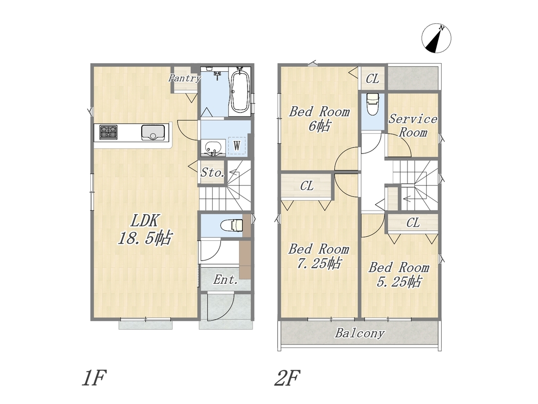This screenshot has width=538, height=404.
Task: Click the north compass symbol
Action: pos(437,38)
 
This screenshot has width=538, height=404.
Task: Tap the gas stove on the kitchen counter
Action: pos(108,132)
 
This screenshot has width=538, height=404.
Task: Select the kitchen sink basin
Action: pos(153,132)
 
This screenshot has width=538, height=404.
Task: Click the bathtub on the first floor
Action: pos(240,90)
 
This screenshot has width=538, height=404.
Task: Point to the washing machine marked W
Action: pos(237,145)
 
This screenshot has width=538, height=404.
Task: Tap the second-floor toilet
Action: pos(373,105)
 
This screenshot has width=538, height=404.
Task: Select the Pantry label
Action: pos(185,78)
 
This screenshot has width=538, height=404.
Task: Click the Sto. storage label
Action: pos(213,172)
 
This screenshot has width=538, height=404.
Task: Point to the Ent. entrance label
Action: pos(225,280)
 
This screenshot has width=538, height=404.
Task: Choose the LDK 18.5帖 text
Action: pos(144,229)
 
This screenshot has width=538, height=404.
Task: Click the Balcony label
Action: pos(360,333)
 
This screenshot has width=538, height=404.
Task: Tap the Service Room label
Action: pos(413,126)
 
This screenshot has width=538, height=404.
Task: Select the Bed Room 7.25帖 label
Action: pos(319,256)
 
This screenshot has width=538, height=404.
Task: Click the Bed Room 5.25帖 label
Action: pos(399,275)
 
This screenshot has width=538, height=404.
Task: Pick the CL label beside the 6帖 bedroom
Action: pos(373,79)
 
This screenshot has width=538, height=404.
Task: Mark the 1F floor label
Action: pos(94,378)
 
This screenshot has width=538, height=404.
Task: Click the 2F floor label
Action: pos(287,378)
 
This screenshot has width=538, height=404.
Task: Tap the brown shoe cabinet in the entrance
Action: pos(245,260)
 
